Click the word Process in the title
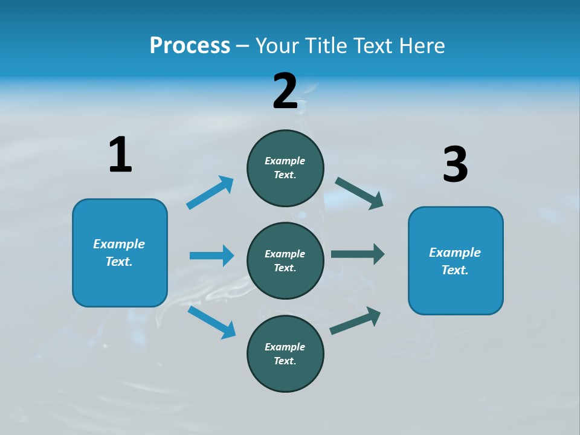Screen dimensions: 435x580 coord(190,46)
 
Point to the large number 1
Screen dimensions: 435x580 coord(120,155)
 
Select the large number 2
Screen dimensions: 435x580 coord(285,91)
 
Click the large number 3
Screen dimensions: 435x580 coord(455,164)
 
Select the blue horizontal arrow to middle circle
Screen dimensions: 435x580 coord(211,256)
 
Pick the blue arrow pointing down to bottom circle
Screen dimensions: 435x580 coord(212,322)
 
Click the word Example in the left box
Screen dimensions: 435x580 coord(119,244)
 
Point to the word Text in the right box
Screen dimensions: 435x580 coord(454,270)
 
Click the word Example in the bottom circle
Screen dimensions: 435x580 coord(285,347)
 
